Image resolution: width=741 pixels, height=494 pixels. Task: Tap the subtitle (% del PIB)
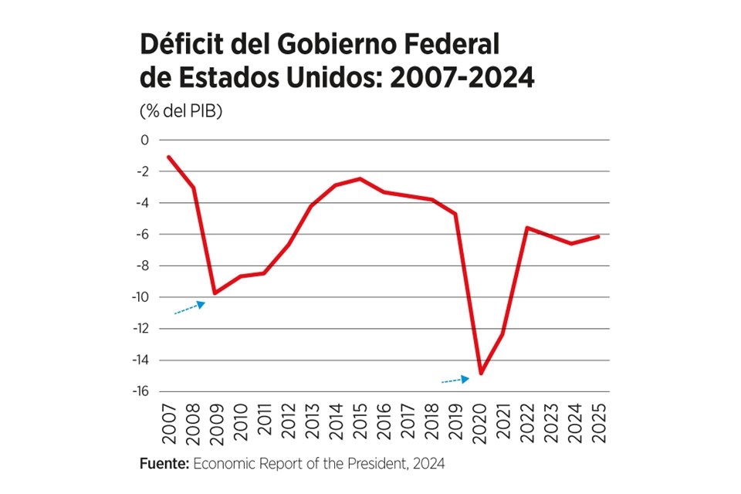click(x=181, y=111)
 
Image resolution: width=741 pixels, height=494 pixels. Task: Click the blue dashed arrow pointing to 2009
click(x=189, y=308)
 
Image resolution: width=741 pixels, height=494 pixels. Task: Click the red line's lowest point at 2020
click(x=480, y=374)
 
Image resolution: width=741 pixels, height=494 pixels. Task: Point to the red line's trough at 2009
click(x=216, y=293)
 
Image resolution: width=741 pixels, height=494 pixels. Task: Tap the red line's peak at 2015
click(x=360, y=178)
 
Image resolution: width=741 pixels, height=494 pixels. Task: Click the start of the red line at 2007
click(x=168, y=157)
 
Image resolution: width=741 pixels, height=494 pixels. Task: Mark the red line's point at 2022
click(x=527, y=228)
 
